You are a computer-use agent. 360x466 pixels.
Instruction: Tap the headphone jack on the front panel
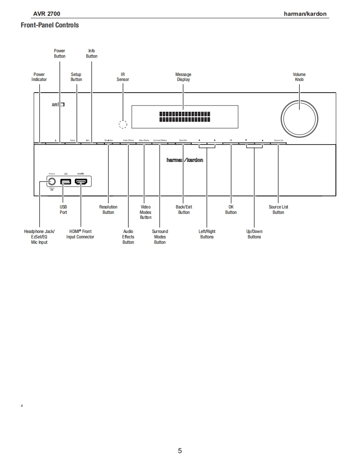click(52, 181)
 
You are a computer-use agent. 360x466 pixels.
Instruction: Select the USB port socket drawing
click(66, 181)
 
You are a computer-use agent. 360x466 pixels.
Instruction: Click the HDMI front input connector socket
click(81, 181)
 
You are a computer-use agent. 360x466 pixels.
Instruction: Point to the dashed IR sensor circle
click(123, 124)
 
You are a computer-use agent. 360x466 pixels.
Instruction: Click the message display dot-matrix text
click(185, 117)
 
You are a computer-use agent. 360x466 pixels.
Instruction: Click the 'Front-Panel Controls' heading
click(49, 25)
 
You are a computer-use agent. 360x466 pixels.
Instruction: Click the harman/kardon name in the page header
click(305, 14)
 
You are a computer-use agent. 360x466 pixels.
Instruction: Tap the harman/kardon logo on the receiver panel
click(185, 160)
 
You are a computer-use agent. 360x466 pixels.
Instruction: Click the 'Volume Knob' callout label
click(299, 77)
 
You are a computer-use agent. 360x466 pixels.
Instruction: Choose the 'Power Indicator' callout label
click(39, 77)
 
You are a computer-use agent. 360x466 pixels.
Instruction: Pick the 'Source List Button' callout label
click(278, 209)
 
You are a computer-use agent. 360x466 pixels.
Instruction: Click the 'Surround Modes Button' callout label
click(160, 237)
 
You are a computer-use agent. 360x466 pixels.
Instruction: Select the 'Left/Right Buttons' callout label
click(207, 234)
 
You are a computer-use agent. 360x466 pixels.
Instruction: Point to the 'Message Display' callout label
click(183, 77)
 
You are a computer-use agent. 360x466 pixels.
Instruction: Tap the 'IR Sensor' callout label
click(123, 77)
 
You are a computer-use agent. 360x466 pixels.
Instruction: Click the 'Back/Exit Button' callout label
click(184, 209)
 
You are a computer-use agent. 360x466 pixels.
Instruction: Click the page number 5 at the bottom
click(180, 451)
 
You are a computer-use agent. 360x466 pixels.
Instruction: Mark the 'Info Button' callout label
click(92, 54)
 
